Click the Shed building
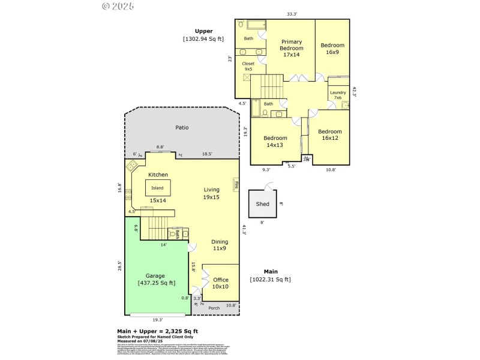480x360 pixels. point(263,204)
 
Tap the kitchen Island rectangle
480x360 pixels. point(157,188)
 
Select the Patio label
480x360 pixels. point(182,128)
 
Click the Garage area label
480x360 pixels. point(157,280)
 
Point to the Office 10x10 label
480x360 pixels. point(221,283)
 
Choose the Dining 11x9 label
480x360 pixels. point(220,245)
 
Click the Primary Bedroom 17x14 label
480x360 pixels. point(292,48)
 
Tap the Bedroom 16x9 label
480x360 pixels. point(332,49)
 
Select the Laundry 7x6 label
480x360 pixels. point(338,95)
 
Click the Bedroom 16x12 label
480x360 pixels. point(329,135)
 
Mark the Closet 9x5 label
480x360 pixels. point(248,66)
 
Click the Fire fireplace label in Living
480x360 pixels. point(236,184)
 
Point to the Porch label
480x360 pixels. point(214,308)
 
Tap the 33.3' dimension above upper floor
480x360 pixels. point(292,13)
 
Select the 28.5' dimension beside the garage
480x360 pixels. point(120,265)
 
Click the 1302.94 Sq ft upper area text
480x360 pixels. point(203,39)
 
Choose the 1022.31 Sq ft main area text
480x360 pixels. point(270,280)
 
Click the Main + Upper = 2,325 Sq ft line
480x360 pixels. point(157,331)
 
